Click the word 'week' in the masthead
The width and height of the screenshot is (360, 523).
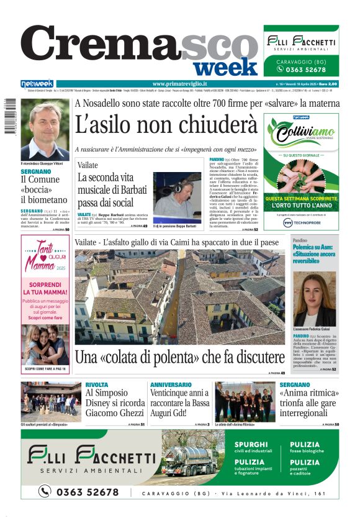point(229,66)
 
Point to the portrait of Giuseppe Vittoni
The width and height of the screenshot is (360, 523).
point(45,130)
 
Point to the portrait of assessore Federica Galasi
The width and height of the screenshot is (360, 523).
point(314,299)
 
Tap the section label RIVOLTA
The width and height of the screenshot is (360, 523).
point(96,385)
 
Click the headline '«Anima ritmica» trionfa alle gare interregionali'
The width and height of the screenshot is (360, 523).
point(308,401)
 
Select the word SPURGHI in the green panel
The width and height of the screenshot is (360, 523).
point(251,445)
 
